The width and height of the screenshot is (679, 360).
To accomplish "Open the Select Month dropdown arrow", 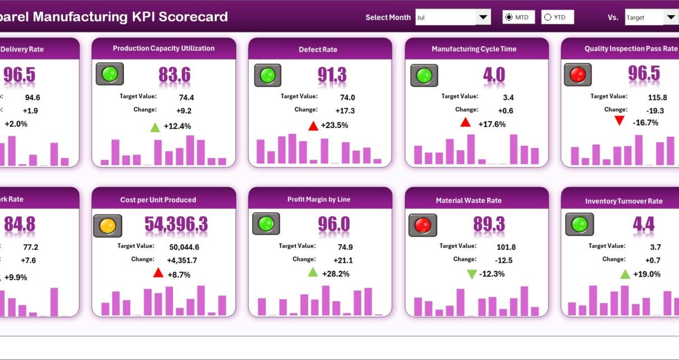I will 483,17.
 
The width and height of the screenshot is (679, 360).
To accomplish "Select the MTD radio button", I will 509,17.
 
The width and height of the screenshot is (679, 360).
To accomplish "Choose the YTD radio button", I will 548,17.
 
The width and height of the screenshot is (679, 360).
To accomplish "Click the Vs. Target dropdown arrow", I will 671,17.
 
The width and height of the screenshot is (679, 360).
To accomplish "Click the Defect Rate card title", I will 318,49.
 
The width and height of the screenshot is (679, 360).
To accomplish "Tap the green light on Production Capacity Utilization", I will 109,74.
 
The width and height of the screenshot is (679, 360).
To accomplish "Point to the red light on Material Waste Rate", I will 422,225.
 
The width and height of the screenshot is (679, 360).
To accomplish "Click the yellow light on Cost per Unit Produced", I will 107,225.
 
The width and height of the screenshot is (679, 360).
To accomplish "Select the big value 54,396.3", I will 176,224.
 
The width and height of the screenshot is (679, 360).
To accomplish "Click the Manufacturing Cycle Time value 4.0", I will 494,75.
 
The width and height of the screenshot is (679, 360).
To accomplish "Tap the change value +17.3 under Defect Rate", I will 345,110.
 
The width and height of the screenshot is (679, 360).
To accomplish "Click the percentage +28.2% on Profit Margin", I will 336,274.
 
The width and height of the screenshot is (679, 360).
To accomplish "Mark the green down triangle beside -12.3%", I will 472,274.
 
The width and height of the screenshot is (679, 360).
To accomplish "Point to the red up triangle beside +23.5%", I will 313,126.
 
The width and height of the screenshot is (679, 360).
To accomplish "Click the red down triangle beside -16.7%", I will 619,121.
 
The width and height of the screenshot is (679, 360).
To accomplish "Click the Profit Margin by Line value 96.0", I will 334,224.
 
